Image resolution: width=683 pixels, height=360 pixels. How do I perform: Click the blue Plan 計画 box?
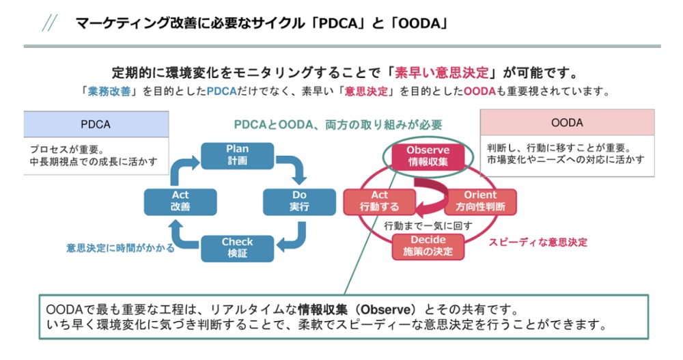pos(237,155)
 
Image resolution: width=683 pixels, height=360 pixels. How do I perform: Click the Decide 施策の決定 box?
pos(428,247)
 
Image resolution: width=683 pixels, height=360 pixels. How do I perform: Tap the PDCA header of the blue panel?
pos(96,124)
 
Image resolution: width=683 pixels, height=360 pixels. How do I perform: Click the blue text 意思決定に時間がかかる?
pos(120,248)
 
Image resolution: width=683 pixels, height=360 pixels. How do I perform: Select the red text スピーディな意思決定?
pos(538,242)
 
